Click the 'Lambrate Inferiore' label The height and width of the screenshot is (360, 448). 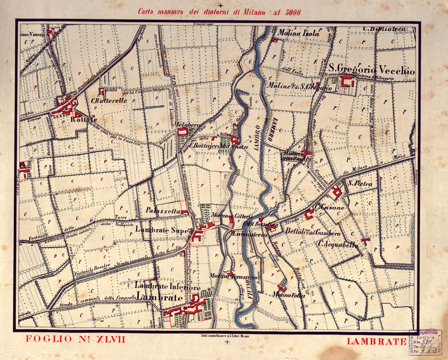pyautogui.click(x=160, y=287)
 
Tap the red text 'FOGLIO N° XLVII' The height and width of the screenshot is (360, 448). pyautogui.click(x=75, y=339)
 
